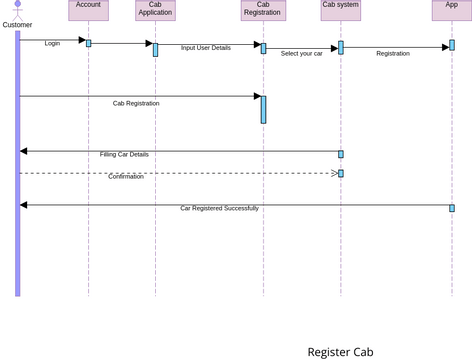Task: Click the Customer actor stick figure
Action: point(17,9)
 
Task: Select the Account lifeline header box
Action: point(88,10)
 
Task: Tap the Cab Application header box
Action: point(155,10)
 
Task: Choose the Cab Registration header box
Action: point(263,10)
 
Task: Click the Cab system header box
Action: point(340,10)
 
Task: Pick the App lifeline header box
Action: point(451,10)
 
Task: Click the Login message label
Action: point(52,44)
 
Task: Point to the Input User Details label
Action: point(205,48)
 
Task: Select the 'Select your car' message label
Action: point(301,54)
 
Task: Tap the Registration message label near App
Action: point(392,54)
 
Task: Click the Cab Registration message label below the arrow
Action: point(136,103)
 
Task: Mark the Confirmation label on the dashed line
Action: point(126,177)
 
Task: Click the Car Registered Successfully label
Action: point(219,208)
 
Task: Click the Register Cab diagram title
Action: point(339,352)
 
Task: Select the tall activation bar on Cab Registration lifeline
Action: point(263,109)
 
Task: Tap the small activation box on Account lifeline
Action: point(88,43)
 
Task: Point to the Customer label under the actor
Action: point(17,25)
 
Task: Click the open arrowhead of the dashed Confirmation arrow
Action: point(334,173)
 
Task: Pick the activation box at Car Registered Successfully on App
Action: point(451,208)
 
